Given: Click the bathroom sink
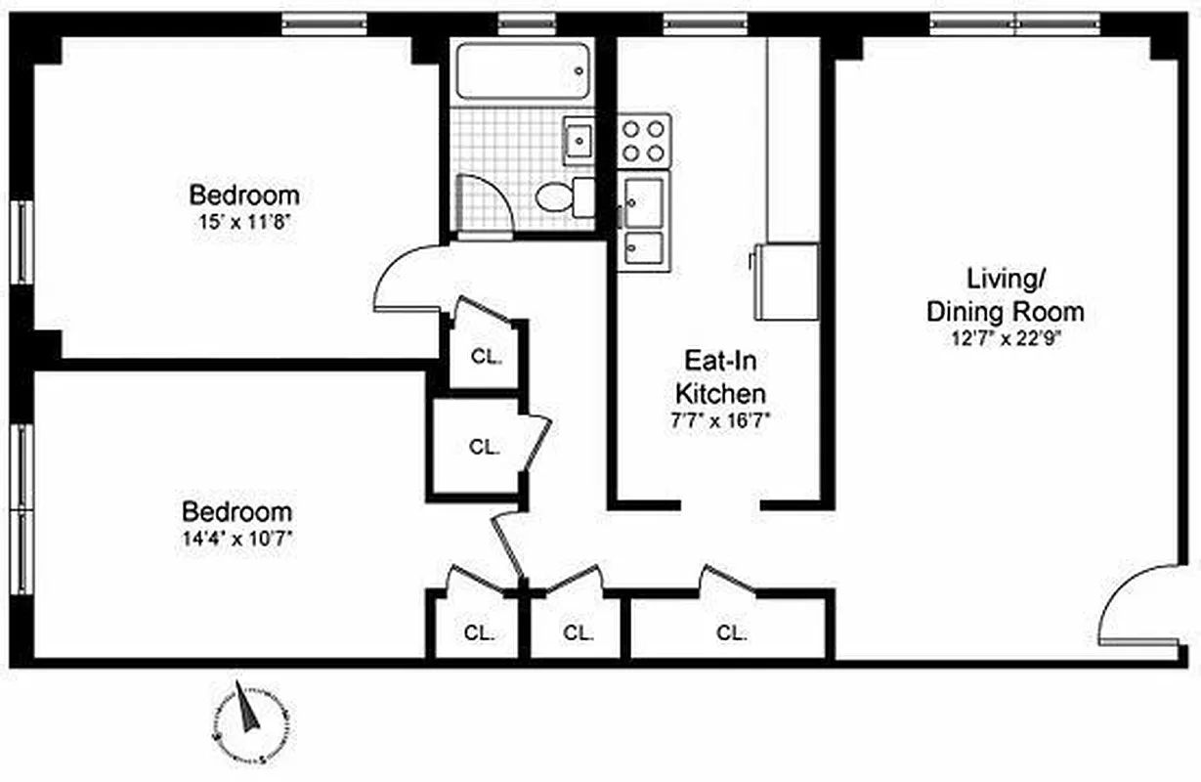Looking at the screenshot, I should pyautogui.click(x=579, y=140).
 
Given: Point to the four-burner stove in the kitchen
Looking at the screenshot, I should pyautogui.click(x=644, y=140).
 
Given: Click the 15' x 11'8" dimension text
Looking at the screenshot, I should pyautogui.click(x=243, y=222).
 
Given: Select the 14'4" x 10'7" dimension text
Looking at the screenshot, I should pyautogui.click(x=236, y=537).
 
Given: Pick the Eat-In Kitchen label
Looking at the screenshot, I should pyautogui.click(x=722, y=377).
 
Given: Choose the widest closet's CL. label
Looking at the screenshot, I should pyautogui.click(x=731, y=632).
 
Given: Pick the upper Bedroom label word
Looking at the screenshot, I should pyautogui.click(x=243, y=194).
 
